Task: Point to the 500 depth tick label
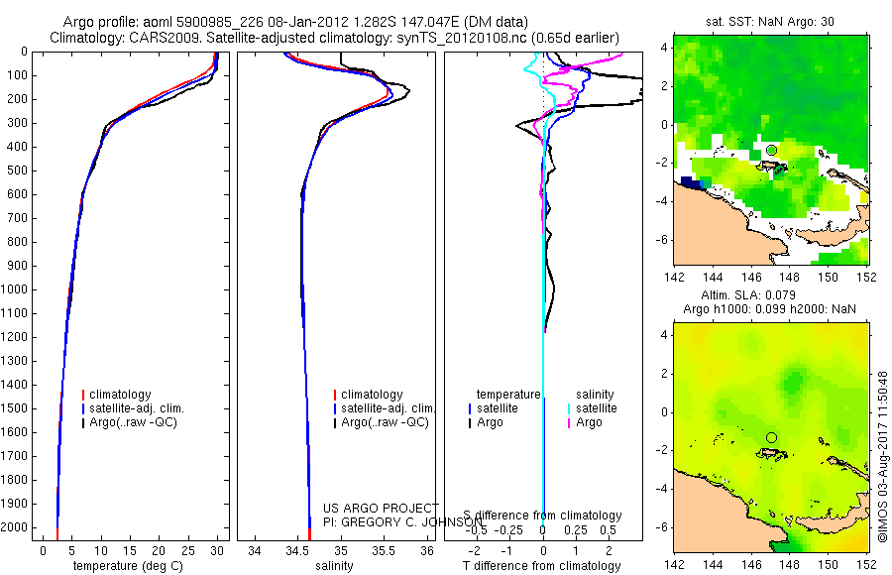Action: pyautogui.click(x=16, y=171)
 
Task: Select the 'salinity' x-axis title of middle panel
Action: pyautogui.click(x=332, y=566)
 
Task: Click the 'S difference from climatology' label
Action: pyautogui.click(x=542, y=516)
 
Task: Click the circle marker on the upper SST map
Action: pyautogui.click(x=771, y=150)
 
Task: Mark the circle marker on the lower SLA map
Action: pyautogui.click(x=771, y=437)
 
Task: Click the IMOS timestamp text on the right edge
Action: pyautogui.click(x=881, y=456)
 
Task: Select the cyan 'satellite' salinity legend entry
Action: pyautogui.click(x=596, y=408)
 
